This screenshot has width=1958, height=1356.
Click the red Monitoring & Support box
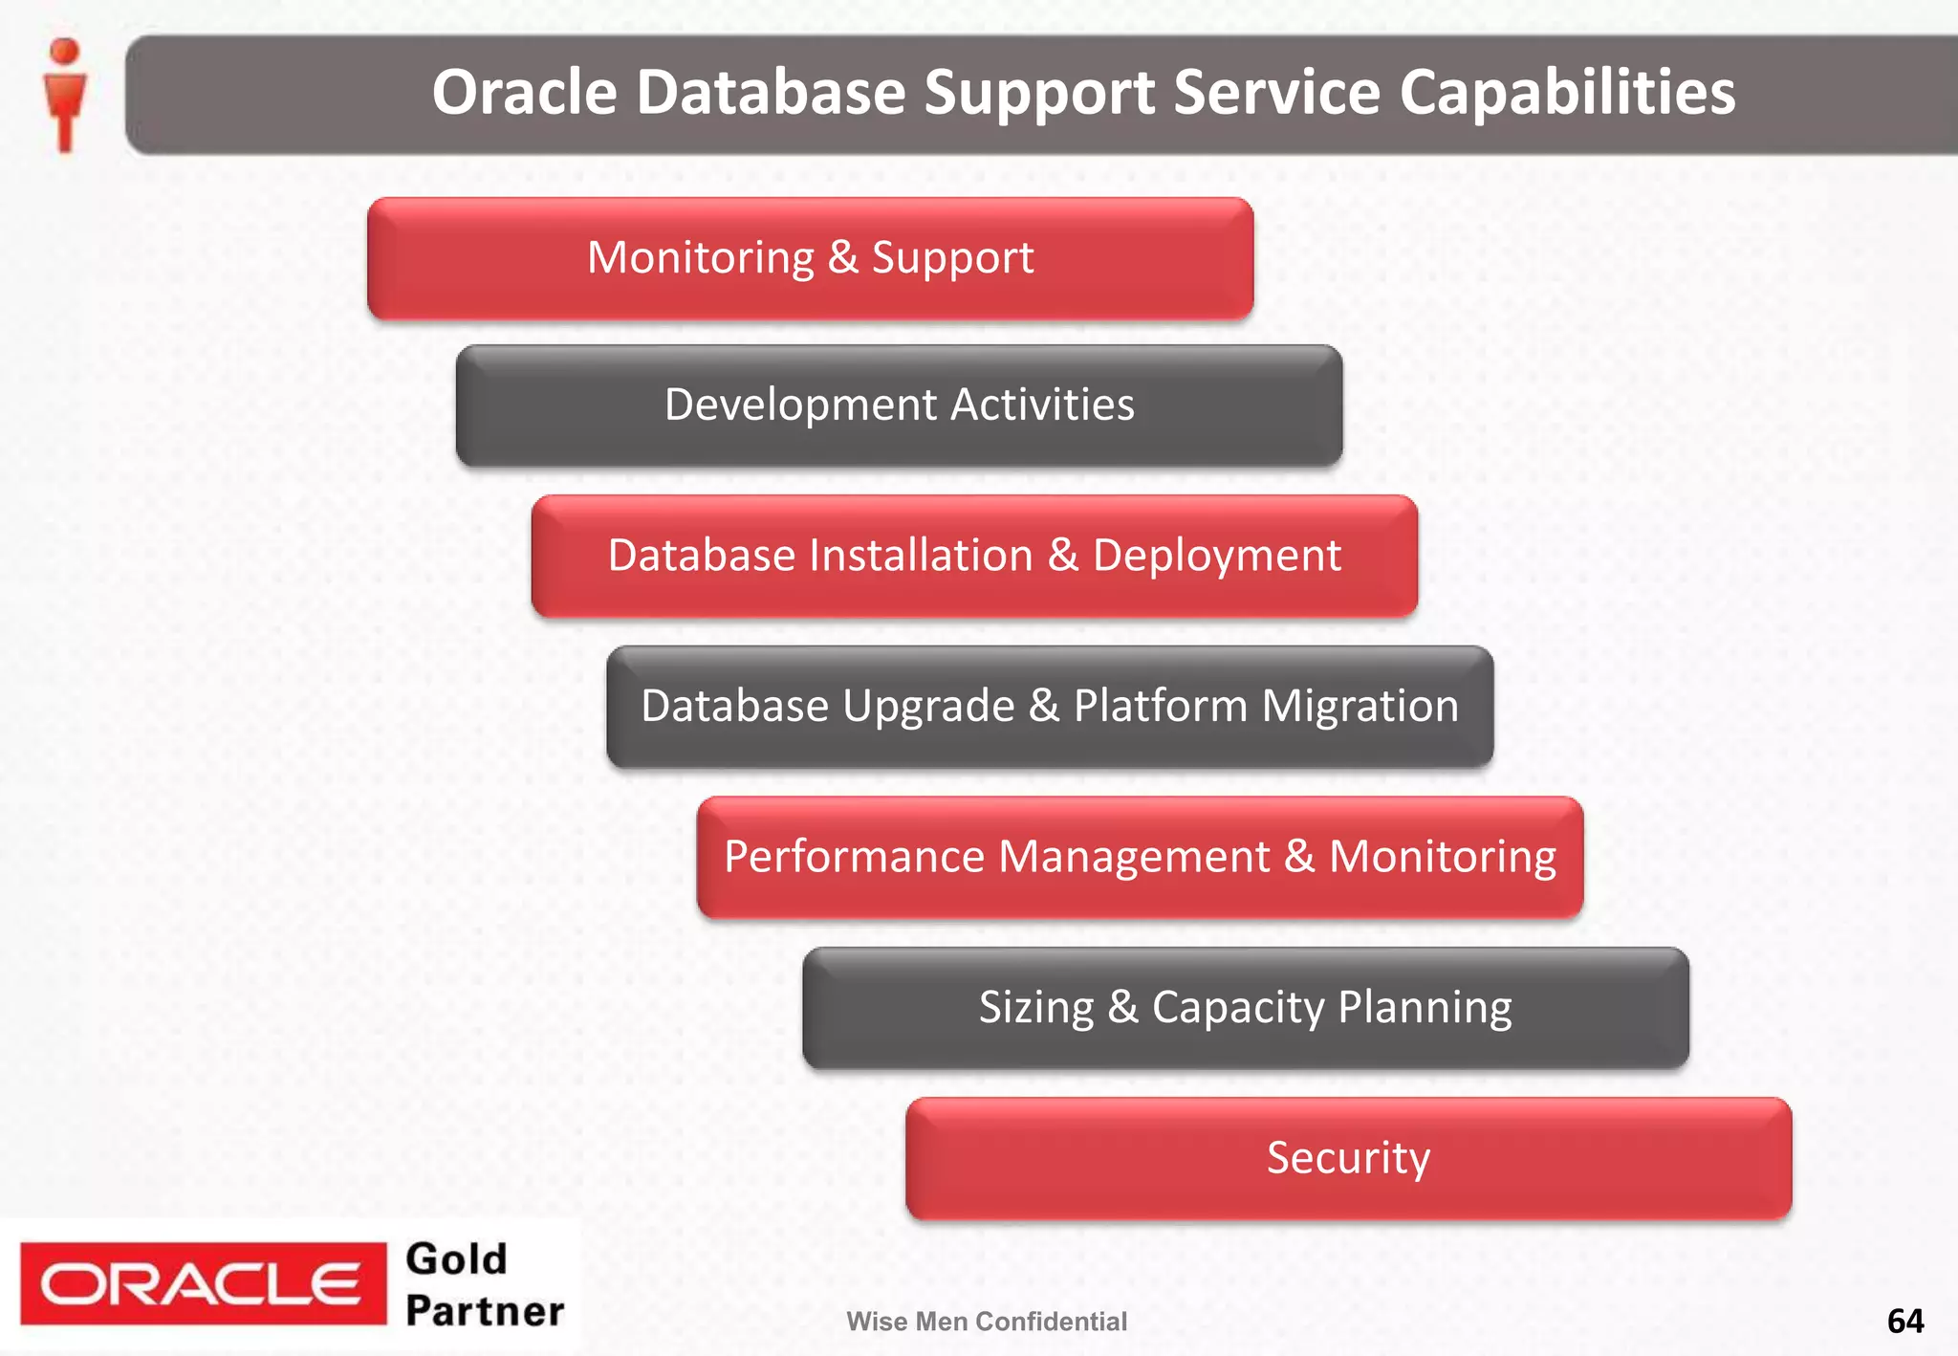pyautogui.click(x=810, y=258)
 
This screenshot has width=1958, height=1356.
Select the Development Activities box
pyautogui.click(x=899, y=405)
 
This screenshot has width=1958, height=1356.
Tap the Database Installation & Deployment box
pyautogui.click(x=973, y=556)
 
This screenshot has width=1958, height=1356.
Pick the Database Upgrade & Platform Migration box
pyautogui.click(x=1049, y=707)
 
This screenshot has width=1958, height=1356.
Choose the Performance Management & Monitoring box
pyautogui.click(x=1139, y=857)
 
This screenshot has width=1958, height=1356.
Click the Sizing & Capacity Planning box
pyautogui.click(x=1245, y=1008)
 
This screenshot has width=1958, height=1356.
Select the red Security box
pyautogui.click(x=1348, y=1158)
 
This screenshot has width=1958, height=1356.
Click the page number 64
pyautogui.click(x=1904, y=1321)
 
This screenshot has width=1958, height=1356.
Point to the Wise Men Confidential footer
pyautogui.click(x=986, y=1322)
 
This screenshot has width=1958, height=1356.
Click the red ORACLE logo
pyautogui.click(x=203, y=1284)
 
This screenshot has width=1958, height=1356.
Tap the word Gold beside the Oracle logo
pyautogui.click(x=456, y=1259)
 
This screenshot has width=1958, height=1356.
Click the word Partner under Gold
pyautogui.click(x=485, y=1311)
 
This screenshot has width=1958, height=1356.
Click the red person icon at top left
pyautogui.click(x=65, y=94)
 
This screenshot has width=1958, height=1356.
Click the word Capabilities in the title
pyautogui.click(x=1567, y=93)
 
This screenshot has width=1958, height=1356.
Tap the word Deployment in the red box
pyautogui.click(x=1216, y=556)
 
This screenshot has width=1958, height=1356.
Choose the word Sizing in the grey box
pyautogui.click(x=1035, y=1008)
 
